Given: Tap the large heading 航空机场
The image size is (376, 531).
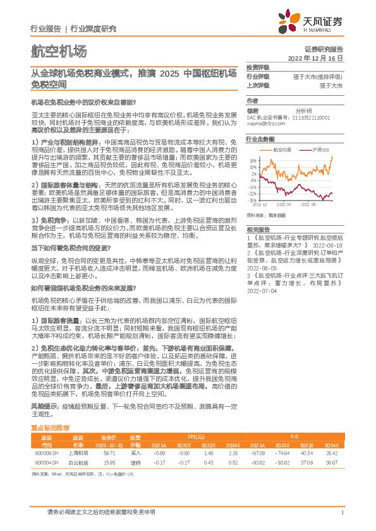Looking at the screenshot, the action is (x=58, y=51).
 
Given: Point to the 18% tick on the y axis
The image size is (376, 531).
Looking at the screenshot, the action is (x=253, y=160).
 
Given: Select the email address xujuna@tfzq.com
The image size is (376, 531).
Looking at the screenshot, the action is (x=262, y=123).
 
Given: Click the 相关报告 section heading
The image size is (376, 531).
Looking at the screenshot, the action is (x=258, y=229).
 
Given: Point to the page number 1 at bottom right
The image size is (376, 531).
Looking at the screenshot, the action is (x=342, y=512).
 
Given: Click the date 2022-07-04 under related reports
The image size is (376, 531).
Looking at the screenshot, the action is (x=262, y=292).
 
